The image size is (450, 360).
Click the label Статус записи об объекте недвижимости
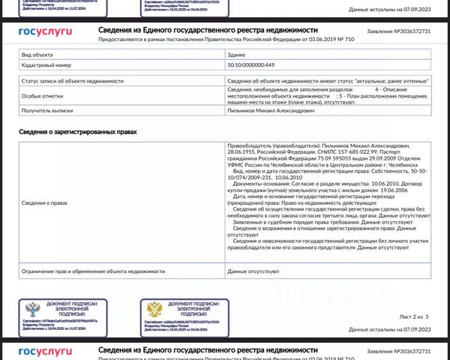click(x=68, y=80)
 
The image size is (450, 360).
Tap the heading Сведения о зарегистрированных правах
click(x=79, y=132)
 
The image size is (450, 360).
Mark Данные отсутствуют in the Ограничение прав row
click(x=253, y=271)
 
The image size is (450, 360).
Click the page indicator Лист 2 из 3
click(x=414, y=317)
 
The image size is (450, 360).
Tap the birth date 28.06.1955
click(x=241, y=151)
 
